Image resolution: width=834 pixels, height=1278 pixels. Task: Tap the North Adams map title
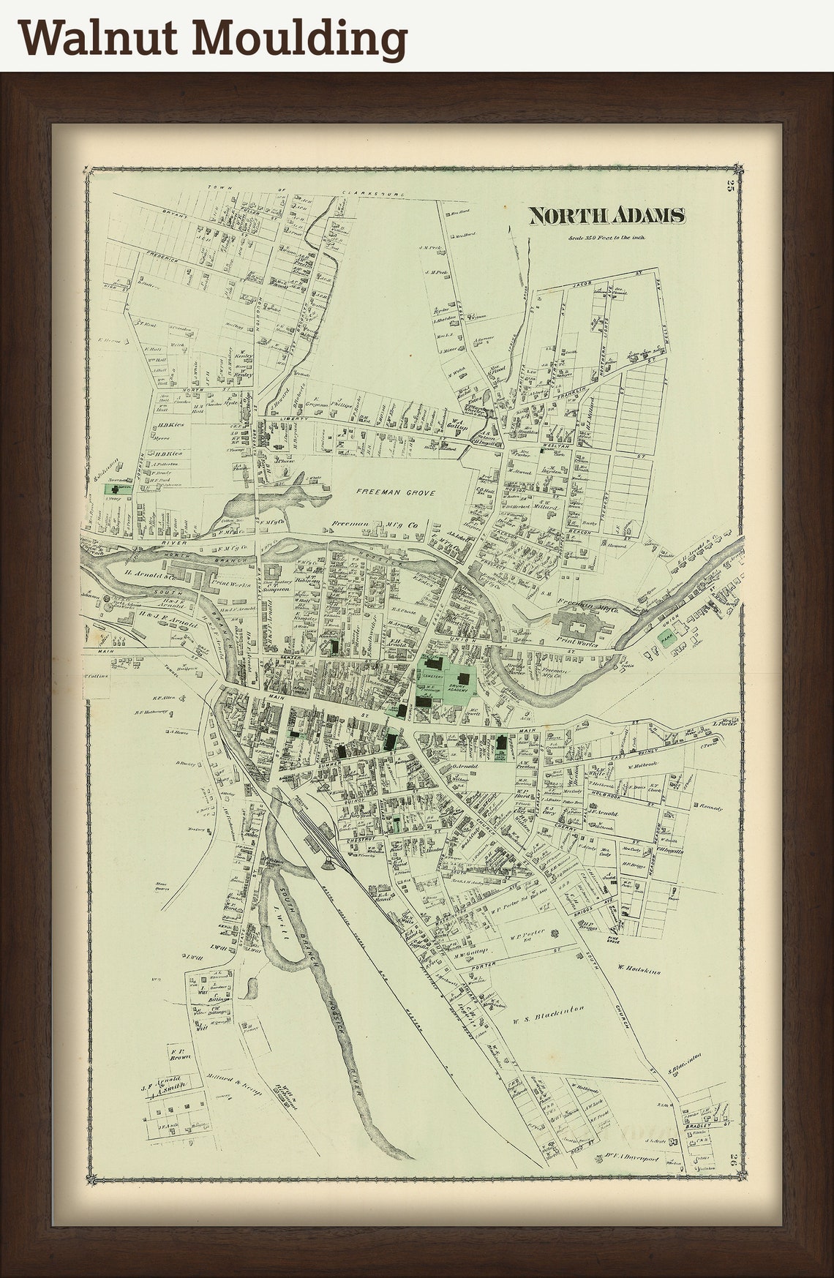pos(606,216)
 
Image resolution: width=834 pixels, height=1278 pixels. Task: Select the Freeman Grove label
pos(395,493)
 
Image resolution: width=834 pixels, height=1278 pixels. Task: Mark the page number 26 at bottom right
pos(733,1178)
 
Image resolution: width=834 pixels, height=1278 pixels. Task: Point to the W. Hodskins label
pos(639,971)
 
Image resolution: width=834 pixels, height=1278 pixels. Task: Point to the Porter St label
pos(484,964)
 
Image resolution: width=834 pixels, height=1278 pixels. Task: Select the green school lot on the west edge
pos(117,489)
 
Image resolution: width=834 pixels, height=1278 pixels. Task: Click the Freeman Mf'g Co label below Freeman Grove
pos(374,525)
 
